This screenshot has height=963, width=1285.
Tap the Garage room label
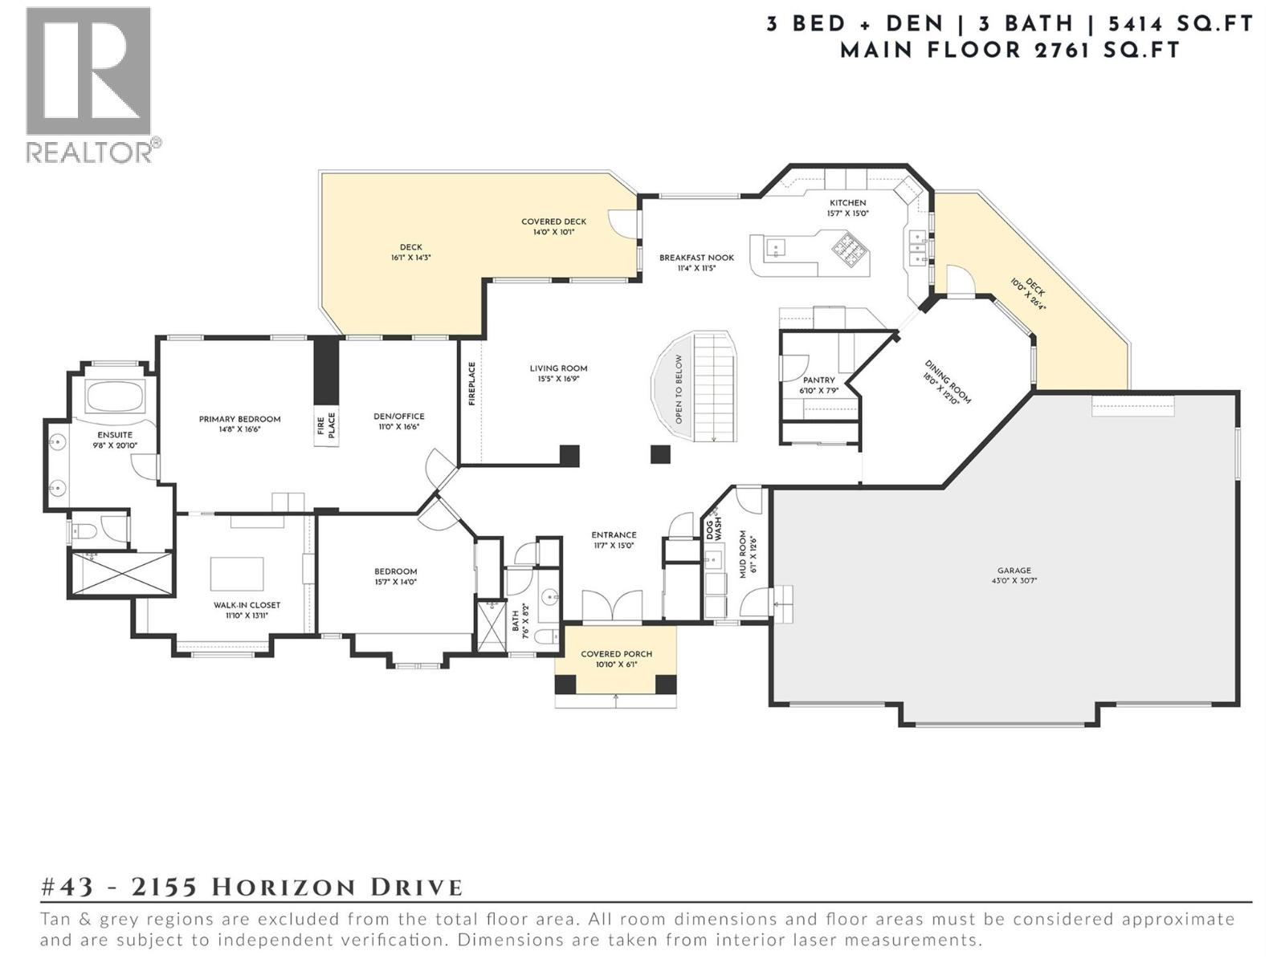click(x=1014, y=571)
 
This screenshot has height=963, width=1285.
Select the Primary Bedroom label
click(x=240, y=419)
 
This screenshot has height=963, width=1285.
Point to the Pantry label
click(x=818, y=380)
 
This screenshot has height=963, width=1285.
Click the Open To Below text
click(x=679, y=389)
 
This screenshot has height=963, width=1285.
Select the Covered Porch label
click(x=616, y=654)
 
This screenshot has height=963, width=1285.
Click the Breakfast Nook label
click(x=696, y=258)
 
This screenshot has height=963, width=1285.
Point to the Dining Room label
click(x=948, y=380)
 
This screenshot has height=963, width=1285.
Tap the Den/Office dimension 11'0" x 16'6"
click(x=399, y=427)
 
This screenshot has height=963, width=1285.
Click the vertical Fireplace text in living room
click(x=472, y=384)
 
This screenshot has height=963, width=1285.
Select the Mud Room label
click(x=744, y=554)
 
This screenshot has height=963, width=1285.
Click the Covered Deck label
click(x=553, y=221)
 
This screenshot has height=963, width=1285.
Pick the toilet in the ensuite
click(x=87, y=530)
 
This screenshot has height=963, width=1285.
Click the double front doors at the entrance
click(x=612, y=605)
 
